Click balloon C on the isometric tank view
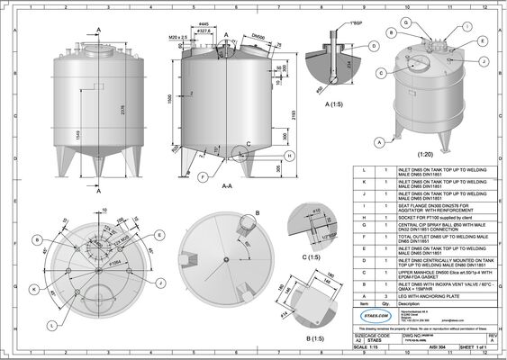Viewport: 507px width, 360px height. point(383,73)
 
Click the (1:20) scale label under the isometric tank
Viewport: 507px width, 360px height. point(427,154)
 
